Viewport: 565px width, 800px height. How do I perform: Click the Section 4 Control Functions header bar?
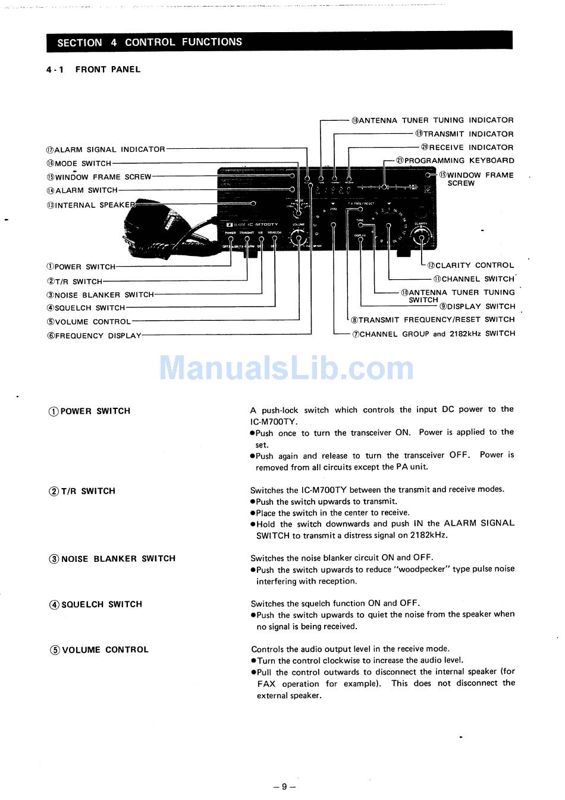coord(279,42)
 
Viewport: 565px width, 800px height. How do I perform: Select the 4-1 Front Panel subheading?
coord(93,70)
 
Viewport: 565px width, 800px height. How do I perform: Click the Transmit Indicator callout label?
coord(464,134)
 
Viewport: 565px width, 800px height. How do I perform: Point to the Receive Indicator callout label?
coord(467,147)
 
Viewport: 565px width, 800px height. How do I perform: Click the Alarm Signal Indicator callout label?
coord(106,149)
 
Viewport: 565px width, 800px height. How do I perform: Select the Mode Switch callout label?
coord(79,163)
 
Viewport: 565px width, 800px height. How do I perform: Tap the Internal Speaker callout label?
coord(90,205)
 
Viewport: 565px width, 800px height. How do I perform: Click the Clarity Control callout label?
coord(470,265)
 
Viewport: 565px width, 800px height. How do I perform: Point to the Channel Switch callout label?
coord(473,279)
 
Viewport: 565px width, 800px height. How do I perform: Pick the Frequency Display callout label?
coord(94,336)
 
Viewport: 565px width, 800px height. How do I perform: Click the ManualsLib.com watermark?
coord(286,368)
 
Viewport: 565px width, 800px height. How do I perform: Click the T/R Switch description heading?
coord(82,491)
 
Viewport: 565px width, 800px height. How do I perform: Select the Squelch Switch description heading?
coord(96,604)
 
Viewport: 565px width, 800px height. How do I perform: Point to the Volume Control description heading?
coord(99,650)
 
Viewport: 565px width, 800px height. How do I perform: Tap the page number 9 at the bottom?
coord(284,786)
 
